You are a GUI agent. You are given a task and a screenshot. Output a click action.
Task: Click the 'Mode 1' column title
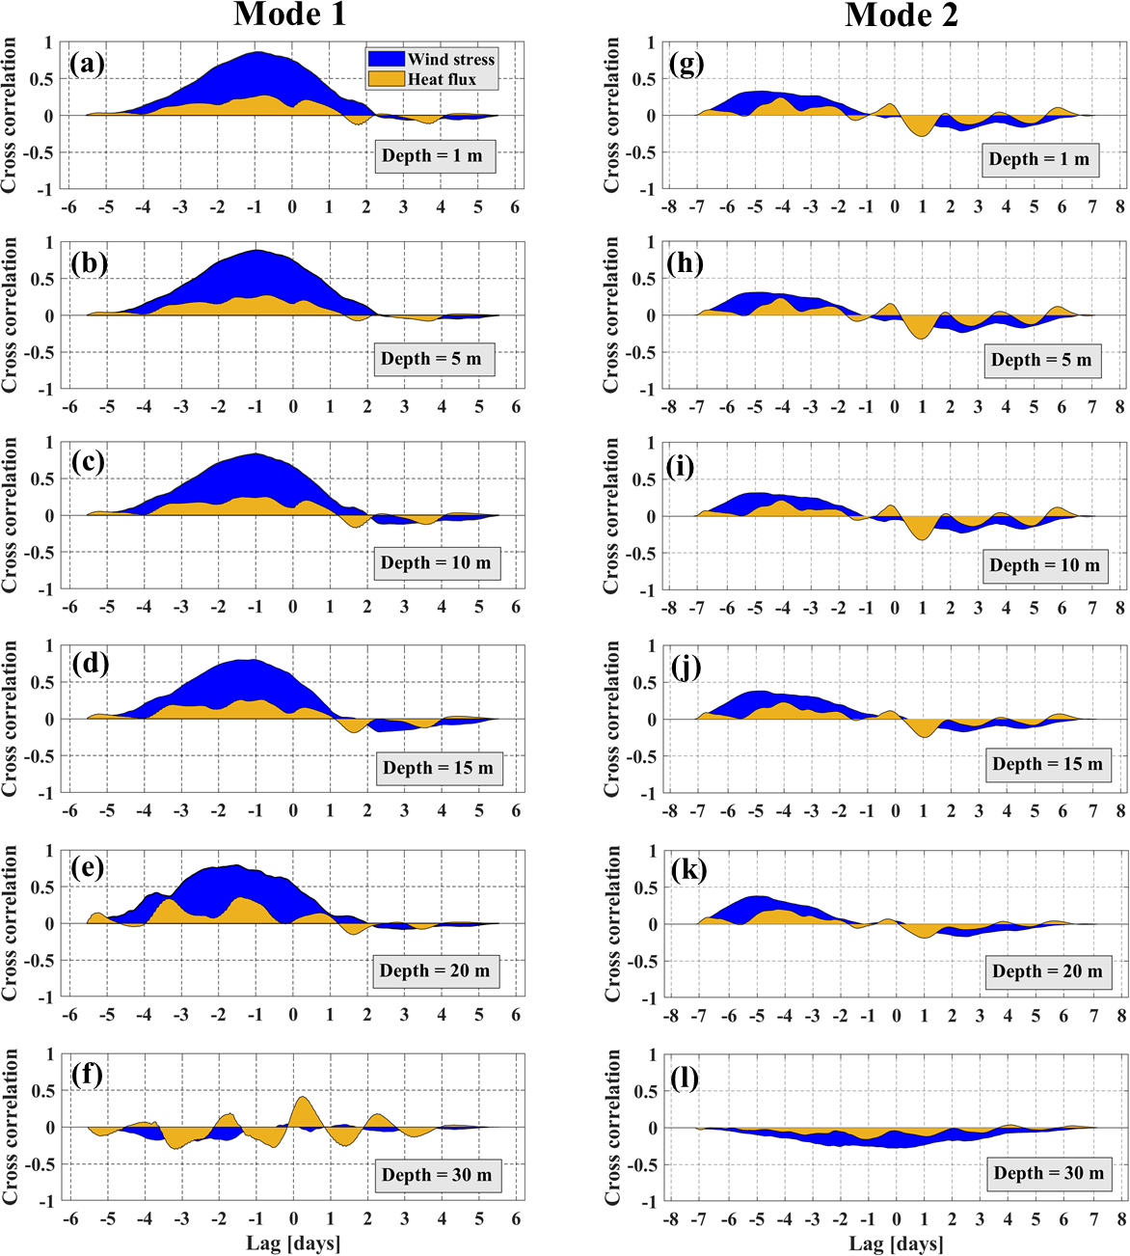tap(289, 14)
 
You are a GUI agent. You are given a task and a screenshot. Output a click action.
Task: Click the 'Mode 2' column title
tap(901, 14)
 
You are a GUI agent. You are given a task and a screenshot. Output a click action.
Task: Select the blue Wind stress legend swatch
tap(386, 59)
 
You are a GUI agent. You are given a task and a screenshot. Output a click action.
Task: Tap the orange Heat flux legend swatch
tap(386, 79)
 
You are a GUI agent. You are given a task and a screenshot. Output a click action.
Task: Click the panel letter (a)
tap(87, 65)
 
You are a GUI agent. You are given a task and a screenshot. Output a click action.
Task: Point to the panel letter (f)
tap(87, 1074)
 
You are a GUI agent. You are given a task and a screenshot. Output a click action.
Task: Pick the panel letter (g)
tap(686, 65)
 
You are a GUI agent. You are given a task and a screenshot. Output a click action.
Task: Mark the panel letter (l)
tap(686, 1077)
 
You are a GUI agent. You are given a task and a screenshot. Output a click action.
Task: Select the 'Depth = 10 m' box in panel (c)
tap(436, 562)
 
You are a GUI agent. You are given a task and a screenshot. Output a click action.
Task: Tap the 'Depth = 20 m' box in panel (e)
tap(435, 970)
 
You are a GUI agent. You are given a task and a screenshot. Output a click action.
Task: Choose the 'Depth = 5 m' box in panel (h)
tap(1041, 360)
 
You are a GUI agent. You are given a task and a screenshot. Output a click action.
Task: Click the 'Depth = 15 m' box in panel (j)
tap(1046, 764)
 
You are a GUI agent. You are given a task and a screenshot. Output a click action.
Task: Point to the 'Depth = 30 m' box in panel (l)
tap(1048, 1173)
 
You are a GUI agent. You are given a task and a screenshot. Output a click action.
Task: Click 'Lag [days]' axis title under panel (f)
tap(293, 1242)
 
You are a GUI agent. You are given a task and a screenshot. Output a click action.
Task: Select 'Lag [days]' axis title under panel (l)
tap(896, 1243)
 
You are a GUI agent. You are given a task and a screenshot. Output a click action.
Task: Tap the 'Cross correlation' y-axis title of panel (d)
tap(10, 718)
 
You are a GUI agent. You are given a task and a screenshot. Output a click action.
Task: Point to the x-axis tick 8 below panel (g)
tap(1120, 206)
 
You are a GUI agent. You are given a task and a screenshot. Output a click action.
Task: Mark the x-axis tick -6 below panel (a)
tap(69, 206)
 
